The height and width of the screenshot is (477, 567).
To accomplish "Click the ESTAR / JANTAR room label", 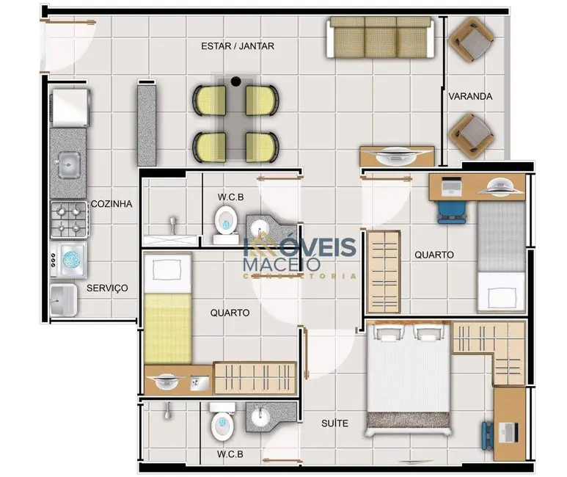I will [238, 46].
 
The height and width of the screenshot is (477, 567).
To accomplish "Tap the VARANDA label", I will [470, 96].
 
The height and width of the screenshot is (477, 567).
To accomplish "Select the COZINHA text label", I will [111, 204].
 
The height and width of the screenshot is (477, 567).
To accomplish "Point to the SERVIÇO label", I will [107, 288].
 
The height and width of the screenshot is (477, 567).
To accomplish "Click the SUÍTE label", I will [334, 423].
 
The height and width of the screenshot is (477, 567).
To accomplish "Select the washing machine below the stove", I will [70, 260].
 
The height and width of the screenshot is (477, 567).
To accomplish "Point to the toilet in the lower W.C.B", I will [221, 423].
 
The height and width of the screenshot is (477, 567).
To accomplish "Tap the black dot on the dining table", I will [236, 81].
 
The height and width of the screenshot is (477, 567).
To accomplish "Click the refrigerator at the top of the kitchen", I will [70, 107].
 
